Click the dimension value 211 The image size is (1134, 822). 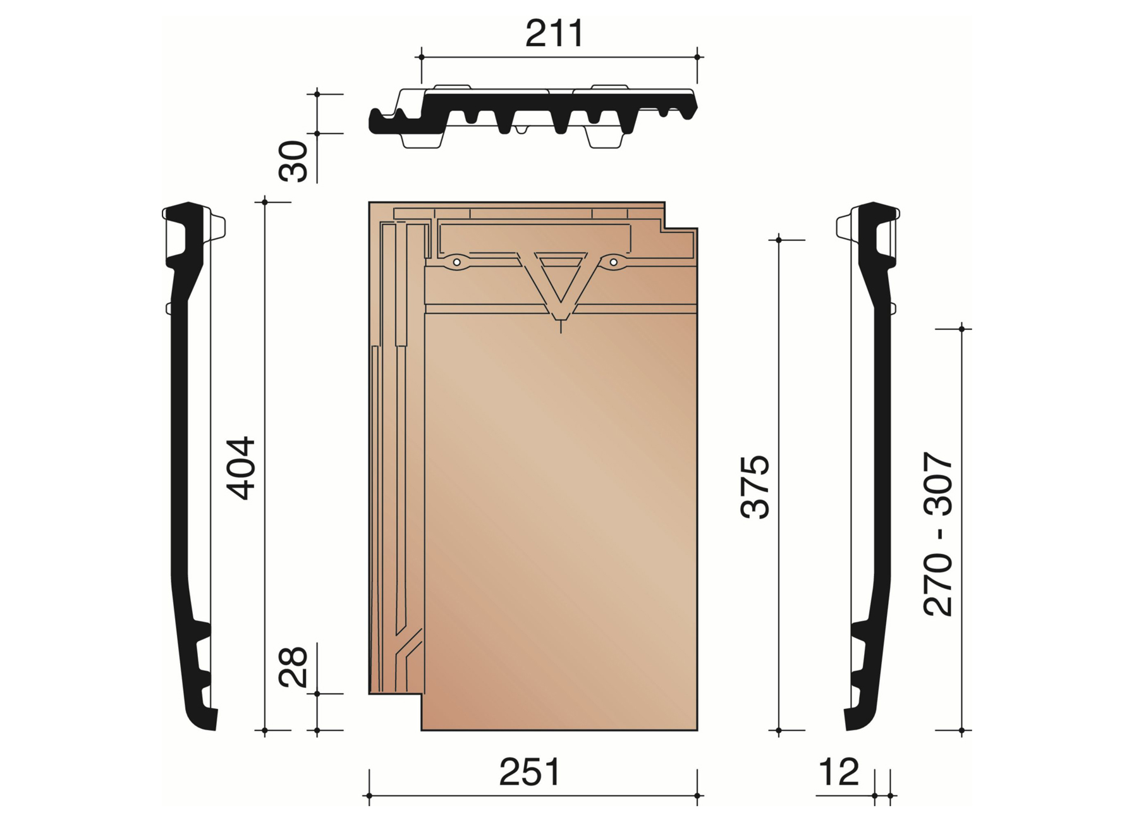tap(554, 34)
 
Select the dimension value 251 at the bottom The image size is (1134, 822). tap(530, 772)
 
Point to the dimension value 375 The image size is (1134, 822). tap(755, 486)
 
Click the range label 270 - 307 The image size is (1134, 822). tap(938, 534)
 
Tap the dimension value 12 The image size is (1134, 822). tap(839, 772)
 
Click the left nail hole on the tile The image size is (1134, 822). tap(456, 262)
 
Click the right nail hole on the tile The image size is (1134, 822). tap(613, 262)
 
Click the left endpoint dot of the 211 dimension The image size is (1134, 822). tap(422, 57)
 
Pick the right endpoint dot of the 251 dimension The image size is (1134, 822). tap(697, 795)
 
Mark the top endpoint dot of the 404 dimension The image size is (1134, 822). tap(265, 202)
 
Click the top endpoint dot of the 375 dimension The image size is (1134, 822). tap(779, 240)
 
